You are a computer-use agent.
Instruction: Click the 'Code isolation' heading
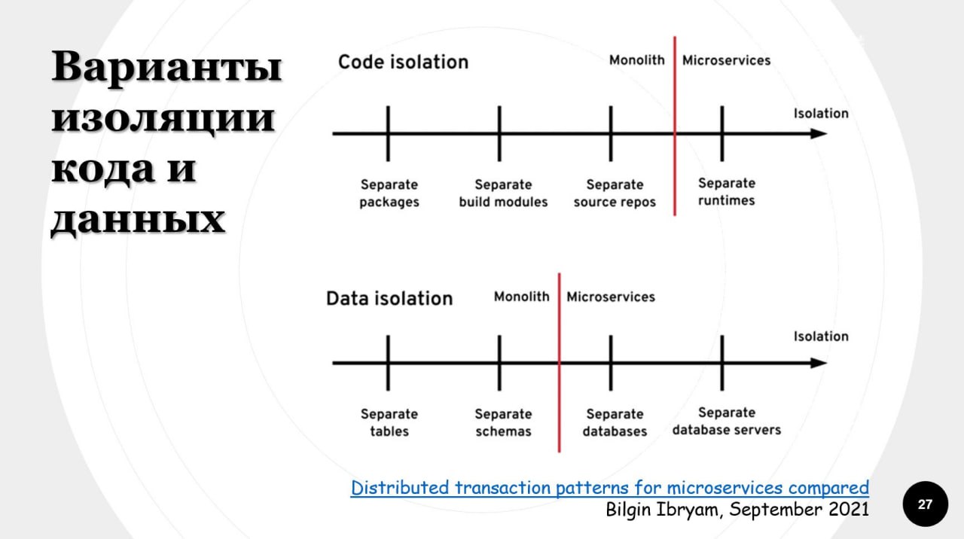coord(403,62)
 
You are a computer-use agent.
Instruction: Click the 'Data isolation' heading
coord(389,299)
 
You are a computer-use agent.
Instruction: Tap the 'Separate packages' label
coord(389,193)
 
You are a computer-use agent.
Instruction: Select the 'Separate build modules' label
coord(503,193)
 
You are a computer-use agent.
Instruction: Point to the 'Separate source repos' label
coord(615,193)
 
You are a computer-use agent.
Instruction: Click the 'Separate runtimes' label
coord(727,192)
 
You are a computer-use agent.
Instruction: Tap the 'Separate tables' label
coord(389,422)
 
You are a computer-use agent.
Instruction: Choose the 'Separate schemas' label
coord(503,422)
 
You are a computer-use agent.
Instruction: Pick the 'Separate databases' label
coord(615,422)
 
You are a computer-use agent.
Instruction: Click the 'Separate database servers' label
coord(727,421)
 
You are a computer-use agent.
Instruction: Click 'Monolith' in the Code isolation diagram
coord(637,60)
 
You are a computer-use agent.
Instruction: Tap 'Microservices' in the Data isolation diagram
coord(611,297)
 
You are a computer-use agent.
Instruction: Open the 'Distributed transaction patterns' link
coord(610,489)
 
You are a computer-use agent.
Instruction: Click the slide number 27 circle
coord(926,504)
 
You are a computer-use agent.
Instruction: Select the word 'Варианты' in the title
coord(167,67)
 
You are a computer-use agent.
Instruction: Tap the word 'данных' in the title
coord(139,219)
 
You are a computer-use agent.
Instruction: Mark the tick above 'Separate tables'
coord(388,363)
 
